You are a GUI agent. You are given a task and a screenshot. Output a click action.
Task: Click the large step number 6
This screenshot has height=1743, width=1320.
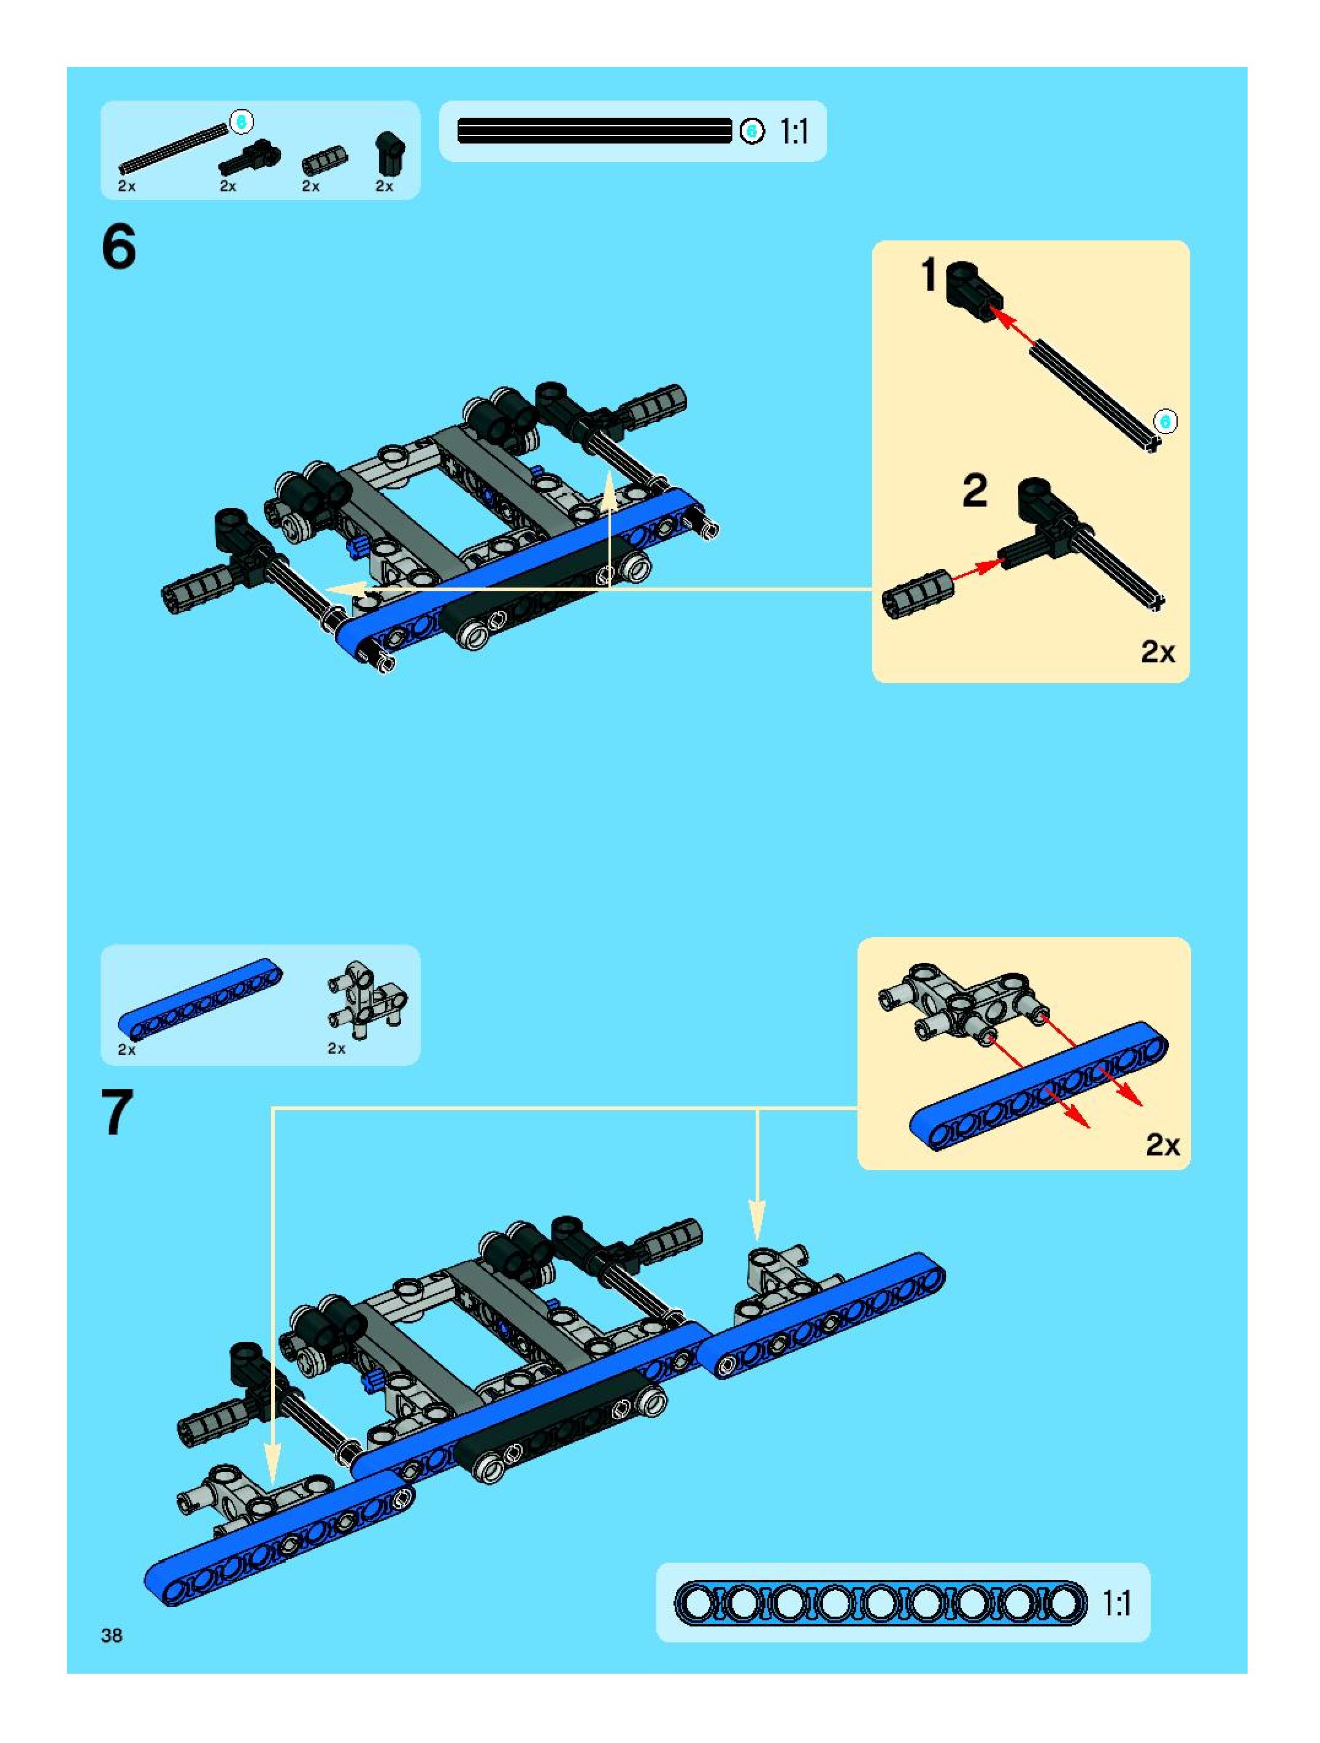coord(119,247)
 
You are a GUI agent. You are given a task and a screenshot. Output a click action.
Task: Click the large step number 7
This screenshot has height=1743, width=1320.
coord(117,1112)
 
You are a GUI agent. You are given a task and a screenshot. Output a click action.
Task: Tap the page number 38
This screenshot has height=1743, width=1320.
coord(112,1635)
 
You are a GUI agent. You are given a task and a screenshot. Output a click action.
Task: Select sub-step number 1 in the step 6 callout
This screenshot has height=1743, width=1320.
coord(930,276)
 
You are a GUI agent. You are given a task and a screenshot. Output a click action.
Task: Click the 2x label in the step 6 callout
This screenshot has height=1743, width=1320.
coord(1157,652)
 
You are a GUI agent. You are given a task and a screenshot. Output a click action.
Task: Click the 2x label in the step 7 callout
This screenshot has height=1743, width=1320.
coord(1163,1144)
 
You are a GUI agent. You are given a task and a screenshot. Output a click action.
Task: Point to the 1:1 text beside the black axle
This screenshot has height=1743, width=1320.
coord(794,132)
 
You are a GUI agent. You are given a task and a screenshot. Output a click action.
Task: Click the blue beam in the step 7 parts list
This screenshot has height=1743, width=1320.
coord(200,998)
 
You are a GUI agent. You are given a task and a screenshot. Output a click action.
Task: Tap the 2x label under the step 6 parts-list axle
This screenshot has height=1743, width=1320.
coord(126,186)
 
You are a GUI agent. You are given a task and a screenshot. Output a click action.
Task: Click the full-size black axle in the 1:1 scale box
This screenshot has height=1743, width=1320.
coord(595,131)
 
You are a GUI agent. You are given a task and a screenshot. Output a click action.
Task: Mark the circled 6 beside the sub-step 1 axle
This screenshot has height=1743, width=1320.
coord(1165,421)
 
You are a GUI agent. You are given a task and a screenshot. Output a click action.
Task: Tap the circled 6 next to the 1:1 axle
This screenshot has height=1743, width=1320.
coord(752,131)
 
